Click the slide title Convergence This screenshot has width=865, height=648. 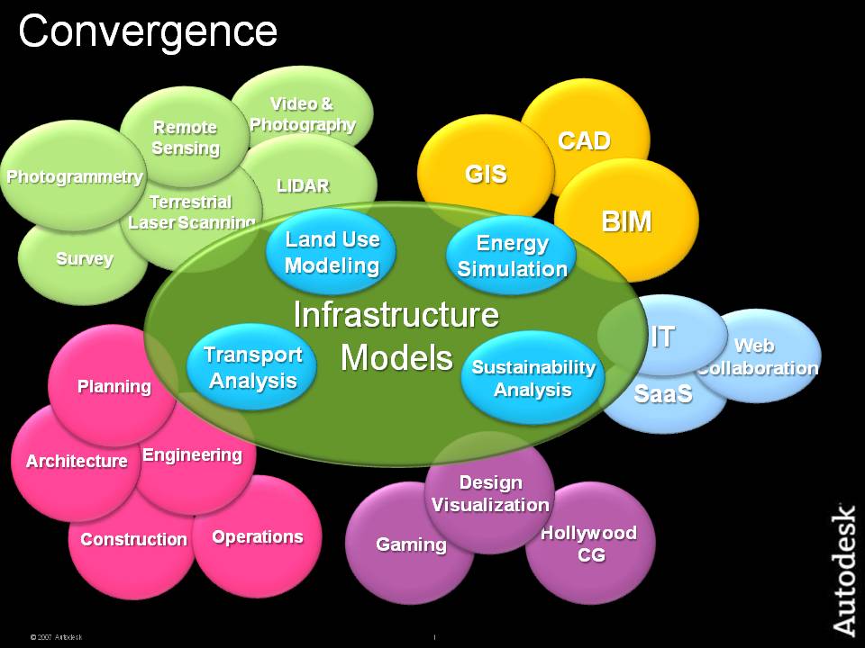[148, 32]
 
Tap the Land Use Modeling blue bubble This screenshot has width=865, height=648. [332, 252]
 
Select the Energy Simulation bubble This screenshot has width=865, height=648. [512, 256]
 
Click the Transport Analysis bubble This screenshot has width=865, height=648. [252, 367]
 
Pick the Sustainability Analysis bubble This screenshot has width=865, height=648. [533, 378]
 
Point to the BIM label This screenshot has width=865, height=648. [626, 221]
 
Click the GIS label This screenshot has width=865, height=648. [486, 174]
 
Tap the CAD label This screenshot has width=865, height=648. [584, 140]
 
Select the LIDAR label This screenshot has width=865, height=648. [303, 186]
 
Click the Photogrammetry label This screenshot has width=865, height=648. [75, 176]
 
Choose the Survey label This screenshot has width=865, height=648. [85, 259]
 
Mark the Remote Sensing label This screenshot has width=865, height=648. [185, 138]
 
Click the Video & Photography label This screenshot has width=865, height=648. [303, 115]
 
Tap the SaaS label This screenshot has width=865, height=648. [662, 392]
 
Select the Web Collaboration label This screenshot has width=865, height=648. [757, 356]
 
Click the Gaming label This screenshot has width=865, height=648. [411, 544]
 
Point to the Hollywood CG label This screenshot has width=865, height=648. [588, 544]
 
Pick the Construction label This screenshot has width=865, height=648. [133, 539]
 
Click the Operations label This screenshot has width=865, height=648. [258, 536]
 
